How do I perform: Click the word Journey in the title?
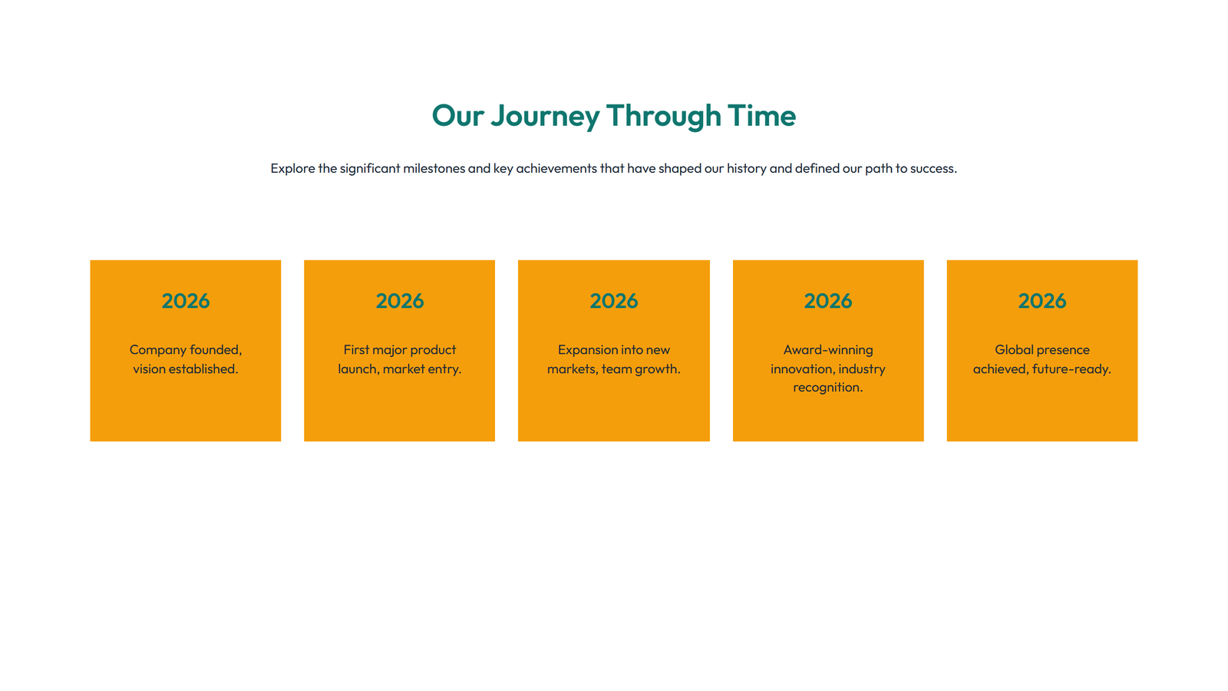pyautogui.click(x=545, y=116)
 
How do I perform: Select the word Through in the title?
pyautogui.click(x=664, y=116)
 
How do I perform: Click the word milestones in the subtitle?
pyautogui.click(x=434, y=168)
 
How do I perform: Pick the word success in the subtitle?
pyautogui.click(x=933, y=168)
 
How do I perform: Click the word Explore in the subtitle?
pyautogui.click(x=292, y=168)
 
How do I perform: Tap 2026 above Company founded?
pyautogui.click(x=186, y=301)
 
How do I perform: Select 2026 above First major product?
pyautogui.click(x=400, y=301)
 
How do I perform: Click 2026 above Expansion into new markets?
pyautogui.click(x=614, y=301)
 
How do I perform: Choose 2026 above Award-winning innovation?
pyautogui.click(x=828, y=301)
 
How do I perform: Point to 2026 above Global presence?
pyautogui.click(x=1042, y=301)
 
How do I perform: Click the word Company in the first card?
pyautogui.click(x=158, y=350)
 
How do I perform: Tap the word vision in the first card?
pyautogui.click(x=149, y=369)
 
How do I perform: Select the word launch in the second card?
pyautogui.click(x=358, y=369)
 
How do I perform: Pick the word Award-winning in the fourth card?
pyautogui.click(x=828, y=350)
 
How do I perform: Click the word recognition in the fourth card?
pyautogui.click(x=827, y=388)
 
